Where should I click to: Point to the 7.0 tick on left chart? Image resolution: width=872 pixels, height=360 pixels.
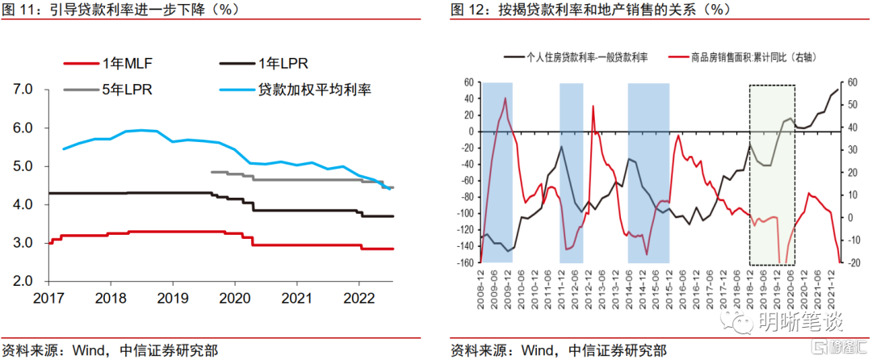(x=22, y=89)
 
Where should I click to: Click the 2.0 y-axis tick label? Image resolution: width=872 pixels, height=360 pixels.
(x=22, y=281)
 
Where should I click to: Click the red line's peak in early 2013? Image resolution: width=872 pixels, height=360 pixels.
(x=593, y=106)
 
